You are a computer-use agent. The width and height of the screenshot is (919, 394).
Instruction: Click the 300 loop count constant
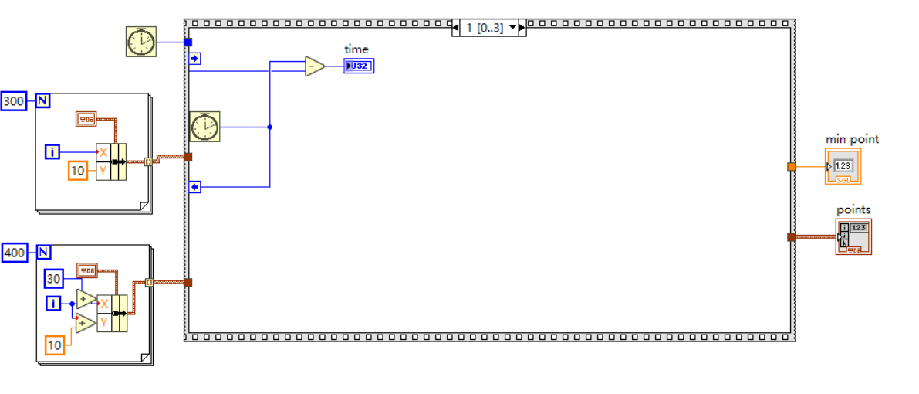(x=14, y=101)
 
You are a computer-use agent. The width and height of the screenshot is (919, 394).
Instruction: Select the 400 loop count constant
(x=14, y=253)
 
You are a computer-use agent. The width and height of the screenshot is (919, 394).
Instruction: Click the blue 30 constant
(x=53, y=279)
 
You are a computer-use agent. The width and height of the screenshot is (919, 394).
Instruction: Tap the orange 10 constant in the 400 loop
(x=54, y=345)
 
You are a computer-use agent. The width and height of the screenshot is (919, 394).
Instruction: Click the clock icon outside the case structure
(x=140, y=41)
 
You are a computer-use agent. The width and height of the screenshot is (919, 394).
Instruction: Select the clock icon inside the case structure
(x=204, y=127)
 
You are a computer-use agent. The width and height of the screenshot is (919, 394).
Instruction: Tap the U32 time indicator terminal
(x=359, y=66)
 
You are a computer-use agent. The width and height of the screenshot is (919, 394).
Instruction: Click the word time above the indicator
(x=356, y=49)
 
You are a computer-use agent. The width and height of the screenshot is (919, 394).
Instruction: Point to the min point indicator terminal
(x=843, y=166)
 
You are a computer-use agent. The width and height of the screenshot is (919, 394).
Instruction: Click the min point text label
(x=852, y=139)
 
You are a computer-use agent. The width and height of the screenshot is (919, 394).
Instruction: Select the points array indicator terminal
(x=853, y=236)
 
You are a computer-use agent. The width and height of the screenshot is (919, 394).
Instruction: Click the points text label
(x=853, y=210)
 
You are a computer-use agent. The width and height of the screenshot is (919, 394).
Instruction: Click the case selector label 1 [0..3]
(x=483, y=28)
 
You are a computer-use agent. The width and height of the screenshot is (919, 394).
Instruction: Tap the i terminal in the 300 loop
(x=52, y=152)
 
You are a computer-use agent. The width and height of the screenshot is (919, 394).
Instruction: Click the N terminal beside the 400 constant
(x=44, y=253)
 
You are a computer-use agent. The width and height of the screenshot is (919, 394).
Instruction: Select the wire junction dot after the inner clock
(x=269, y=127)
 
